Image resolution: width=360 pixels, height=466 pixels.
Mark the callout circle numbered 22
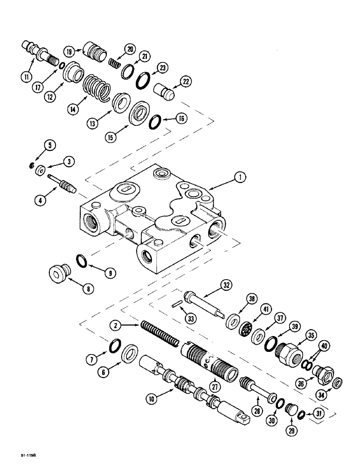187,81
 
